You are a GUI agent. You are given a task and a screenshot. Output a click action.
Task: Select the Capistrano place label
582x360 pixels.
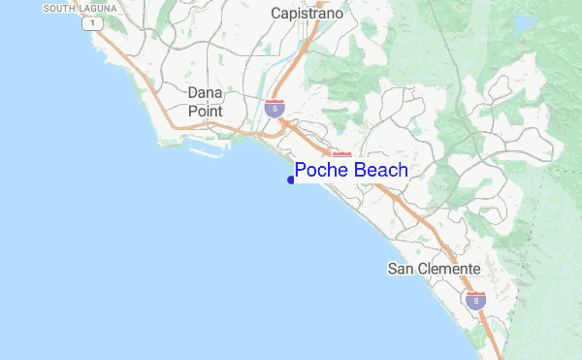(308, 15)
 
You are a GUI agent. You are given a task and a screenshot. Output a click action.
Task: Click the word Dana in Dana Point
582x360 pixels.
(205, 92)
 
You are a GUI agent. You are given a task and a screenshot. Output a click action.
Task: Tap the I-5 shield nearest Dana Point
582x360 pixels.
(275, 108)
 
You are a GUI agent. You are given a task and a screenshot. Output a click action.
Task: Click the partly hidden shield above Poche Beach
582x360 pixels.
(341, 155)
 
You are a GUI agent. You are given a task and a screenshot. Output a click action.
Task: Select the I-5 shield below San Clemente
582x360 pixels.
(474, 300)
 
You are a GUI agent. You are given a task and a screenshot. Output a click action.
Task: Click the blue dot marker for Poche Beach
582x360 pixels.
(291, 180)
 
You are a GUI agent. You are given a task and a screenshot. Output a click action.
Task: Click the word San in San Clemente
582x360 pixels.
(402, 268)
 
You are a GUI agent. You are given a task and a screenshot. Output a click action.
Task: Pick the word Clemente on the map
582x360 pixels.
(450, 268)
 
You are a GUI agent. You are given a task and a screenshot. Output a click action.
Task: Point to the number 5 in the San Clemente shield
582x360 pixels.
(474, 302)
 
